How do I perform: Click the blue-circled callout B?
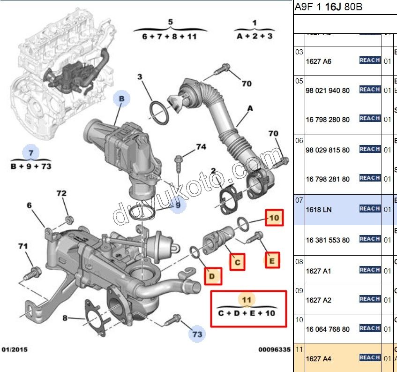(121, 99)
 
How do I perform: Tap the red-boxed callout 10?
(275, 218)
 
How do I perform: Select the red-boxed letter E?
(272, 259)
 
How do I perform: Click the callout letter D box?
(212, 276)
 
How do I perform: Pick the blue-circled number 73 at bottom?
(197, 334)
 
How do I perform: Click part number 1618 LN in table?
(318, 210)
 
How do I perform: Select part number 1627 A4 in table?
(318, 359)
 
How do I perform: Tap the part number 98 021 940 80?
(328, 91)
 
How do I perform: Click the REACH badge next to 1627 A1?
(370, 270)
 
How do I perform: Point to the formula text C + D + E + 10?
(247, 313)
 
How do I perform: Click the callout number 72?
(61, 193)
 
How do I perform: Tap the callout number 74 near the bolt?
(201, 147)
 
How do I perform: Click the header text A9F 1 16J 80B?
(328, 8)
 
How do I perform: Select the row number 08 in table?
(299, 261)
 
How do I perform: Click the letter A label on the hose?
(250, 108)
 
